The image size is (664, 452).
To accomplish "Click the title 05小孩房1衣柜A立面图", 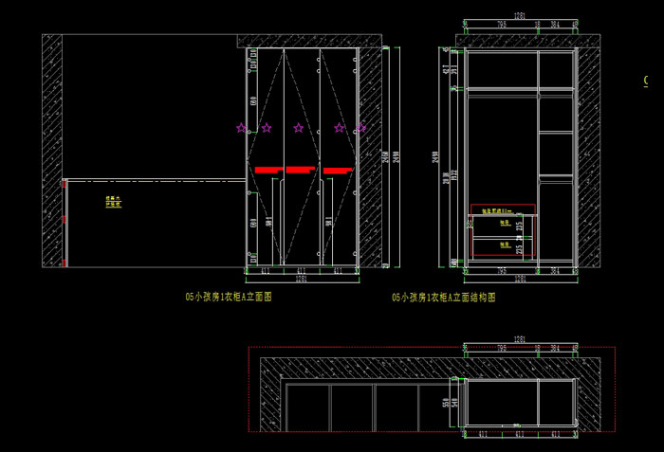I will (x=229, y=296).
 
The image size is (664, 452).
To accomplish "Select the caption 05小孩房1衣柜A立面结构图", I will (x=444, y=297).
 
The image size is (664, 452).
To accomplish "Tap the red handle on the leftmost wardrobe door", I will (x=268, y=170).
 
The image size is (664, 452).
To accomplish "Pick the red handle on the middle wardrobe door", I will (x=300, y=170).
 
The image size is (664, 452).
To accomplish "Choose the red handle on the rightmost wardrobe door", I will (x=337, y=171).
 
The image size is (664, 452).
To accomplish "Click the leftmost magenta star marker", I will (x=241, y=128).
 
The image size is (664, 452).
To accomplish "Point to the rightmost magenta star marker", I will (x=360, y=128).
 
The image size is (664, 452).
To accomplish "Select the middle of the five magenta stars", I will (x=299, y=128).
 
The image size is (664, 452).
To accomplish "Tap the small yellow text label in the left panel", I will (x=114, y=201).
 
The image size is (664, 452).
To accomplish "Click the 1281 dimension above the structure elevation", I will (x=520, y=15).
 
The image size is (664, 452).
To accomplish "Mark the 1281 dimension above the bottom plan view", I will (x=520, y=338).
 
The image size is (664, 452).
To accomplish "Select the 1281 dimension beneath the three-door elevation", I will (x=301, y=280).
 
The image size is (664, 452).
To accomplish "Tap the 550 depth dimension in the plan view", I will (x=445, y=403).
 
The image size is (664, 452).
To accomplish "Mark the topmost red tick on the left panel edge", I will (x=63, y=182).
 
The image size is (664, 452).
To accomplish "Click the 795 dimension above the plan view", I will (x=500, y=348).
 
